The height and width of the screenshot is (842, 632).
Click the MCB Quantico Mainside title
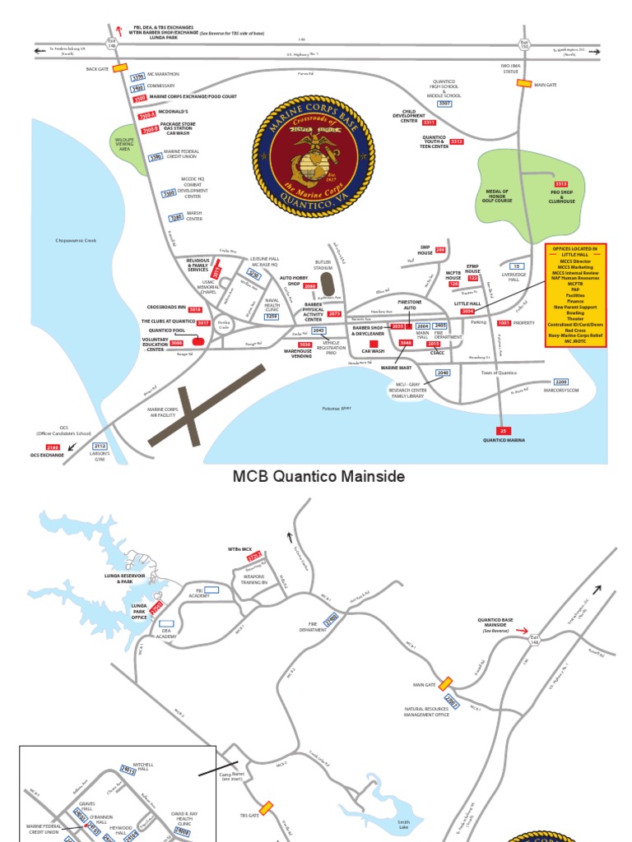pyautogui.click(x=319, y=477)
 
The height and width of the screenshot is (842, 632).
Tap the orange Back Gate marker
pyautogui.click(x=120, y=68)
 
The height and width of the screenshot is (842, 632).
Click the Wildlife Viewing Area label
pyautogui.click(x=123, y=145)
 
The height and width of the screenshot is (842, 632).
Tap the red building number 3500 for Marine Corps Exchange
pyautogui.click(x=140, y=98)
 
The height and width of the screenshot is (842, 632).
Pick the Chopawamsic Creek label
pyautogui.click(x=76, y=240)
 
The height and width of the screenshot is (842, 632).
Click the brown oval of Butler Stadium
pyautogui.click(x=328, y=285)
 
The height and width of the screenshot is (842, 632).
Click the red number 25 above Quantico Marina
pyautogui.click(x=504, y=430)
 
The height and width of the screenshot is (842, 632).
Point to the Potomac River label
pyautogui.click(x=336, y=409)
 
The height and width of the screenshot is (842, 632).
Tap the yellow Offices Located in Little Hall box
pyautogui.click(x=576, y=294)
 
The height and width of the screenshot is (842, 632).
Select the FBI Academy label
pyautogui.click(x=199, y=594)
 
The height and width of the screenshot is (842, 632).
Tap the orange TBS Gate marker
pyautogui.click(x=267, y=808)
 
